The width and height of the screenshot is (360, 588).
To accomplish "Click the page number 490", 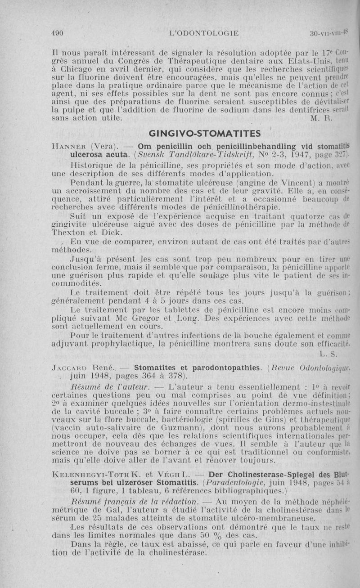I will pos(57,33).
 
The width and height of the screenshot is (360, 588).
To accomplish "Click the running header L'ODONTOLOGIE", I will pos(203,33).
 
